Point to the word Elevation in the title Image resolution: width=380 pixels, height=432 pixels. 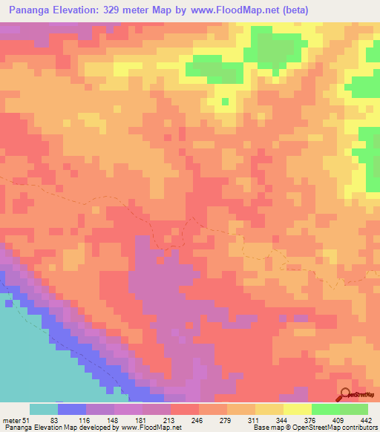pyautogui.click(x=83, y=10)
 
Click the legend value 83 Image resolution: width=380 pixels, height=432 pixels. pyautogui.click(x=54, y=421)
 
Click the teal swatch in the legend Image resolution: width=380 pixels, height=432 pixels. pyautogui.click(x=43, y=409)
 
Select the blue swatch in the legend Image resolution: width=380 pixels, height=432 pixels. pyautogui.click(x=71, y=409)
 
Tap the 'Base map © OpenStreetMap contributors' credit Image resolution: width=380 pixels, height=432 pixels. pyautogui.click(x=315, y=428)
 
